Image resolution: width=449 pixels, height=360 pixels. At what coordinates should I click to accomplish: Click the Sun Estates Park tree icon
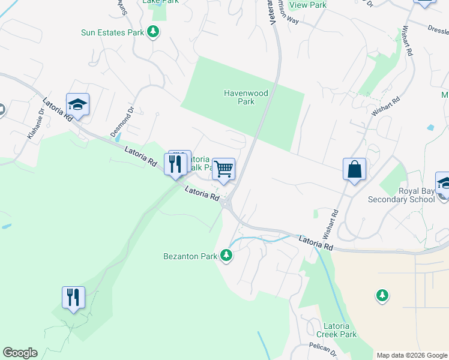click(x=153, y=31)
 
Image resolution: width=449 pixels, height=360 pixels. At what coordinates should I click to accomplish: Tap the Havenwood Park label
click(x=246, y=97)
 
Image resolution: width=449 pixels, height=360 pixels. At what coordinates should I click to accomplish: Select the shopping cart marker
click(x=223, y=169)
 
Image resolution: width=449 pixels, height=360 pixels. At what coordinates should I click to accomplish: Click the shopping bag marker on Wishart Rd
click(x=355, y=169)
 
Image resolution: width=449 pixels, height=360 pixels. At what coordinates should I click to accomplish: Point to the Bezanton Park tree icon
click(x=226, y=256)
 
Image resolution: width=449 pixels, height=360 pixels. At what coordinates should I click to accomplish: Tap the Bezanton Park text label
click(x=190, y=256)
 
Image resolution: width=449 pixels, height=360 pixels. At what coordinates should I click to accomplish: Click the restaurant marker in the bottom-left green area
click(x=73, y=297)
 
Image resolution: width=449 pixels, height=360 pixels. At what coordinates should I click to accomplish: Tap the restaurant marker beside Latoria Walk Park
click(x=175, y=164)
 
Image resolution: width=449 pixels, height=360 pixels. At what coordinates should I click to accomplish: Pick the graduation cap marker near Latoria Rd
click(x=77, y=105)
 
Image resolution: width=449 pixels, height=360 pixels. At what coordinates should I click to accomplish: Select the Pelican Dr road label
click(x=324, y=347)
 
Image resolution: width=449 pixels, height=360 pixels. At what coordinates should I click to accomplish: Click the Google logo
click(x=20, y=353)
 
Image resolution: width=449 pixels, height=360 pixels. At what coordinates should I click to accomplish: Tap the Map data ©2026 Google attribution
click(x=411, y=355)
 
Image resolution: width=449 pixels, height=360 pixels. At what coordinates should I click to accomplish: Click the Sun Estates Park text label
click(x=113, y=32)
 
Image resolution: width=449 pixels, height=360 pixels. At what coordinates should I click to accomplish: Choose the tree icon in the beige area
click(x=382, y=296)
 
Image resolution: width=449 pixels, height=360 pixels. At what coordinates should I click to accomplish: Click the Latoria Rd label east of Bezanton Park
click(x=316, y=242)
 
